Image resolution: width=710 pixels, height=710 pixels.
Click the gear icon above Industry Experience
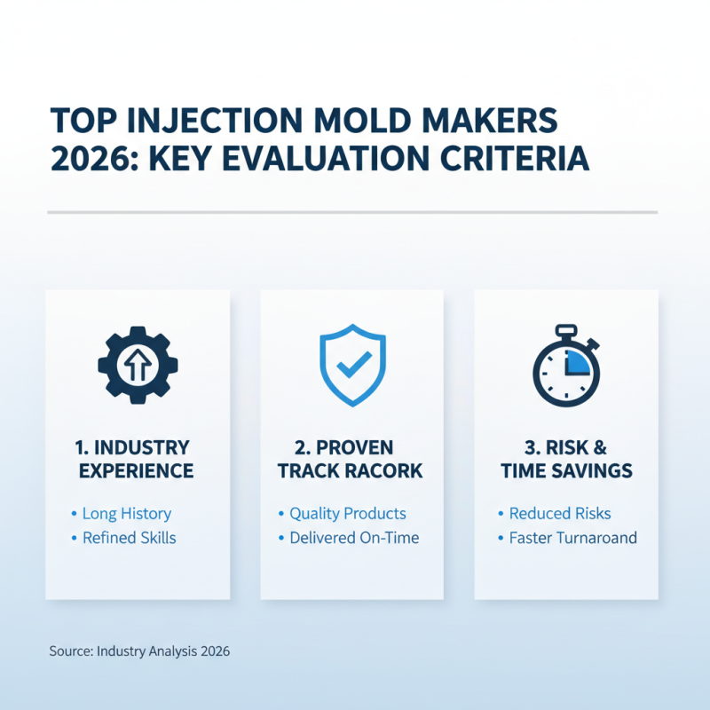coord(138,364)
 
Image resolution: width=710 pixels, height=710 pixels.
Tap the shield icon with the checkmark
coord(352,363)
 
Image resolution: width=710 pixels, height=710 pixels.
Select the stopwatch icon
coord(566,368)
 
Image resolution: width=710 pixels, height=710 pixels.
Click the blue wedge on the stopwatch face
coord(578,360)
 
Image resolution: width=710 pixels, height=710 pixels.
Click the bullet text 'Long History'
coord(126,514)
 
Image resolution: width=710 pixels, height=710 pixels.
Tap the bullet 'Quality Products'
coord(347,514)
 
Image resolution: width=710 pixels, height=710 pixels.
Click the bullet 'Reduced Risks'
coord(560,514)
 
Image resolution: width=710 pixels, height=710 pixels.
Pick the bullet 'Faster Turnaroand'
coord(572,538)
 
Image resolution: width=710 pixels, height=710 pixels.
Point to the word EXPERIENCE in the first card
coord(137,470)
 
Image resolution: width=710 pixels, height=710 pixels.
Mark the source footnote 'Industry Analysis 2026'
coord(163,651)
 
